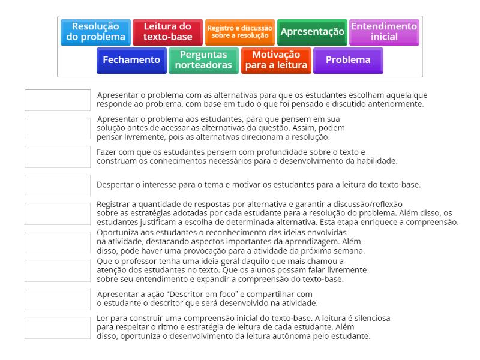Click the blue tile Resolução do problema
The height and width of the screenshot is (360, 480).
pos(96,32)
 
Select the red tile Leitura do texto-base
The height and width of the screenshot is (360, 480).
pos(167,32)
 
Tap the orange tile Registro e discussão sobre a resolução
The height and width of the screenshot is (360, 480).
pos(239,32)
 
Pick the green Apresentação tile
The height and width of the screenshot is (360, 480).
pos(312,32)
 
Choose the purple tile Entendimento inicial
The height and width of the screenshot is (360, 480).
pos(384,32)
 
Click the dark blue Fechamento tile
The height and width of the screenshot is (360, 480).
pos(131,60)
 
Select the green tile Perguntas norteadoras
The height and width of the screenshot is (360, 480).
pos(203,60)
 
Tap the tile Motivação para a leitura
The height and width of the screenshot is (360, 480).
pos(276,60)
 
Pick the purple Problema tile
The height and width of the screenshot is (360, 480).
pos(348,60)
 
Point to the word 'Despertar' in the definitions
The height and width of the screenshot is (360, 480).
pos(115,185)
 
